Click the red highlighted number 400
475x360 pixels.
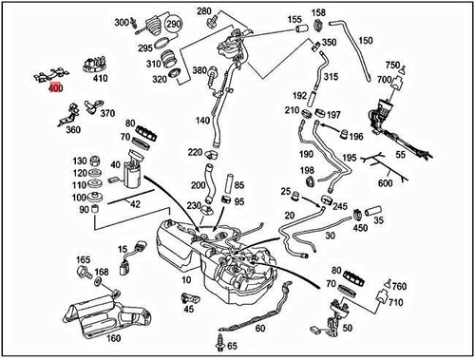[x=55, y=88]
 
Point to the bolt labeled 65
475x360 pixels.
[x=222, y=339]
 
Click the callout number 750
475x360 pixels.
[x=392, y=65]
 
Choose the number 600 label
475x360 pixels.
[x=386, y=183]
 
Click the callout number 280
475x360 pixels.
[x=204, y=10]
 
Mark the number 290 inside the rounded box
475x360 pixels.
[x=172, y=23]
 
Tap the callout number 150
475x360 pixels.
[x=366, y=41]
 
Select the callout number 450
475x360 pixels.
[x=360, y=227]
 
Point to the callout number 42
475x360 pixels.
[x=135, y=203]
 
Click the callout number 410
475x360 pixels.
[x=101, y=79]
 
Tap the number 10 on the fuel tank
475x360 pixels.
[x=186, y=281]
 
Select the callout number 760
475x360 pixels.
[x=400, y=285]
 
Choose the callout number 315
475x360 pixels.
[x=331, y=76]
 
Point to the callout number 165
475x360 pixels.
[x=83, y=259]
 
